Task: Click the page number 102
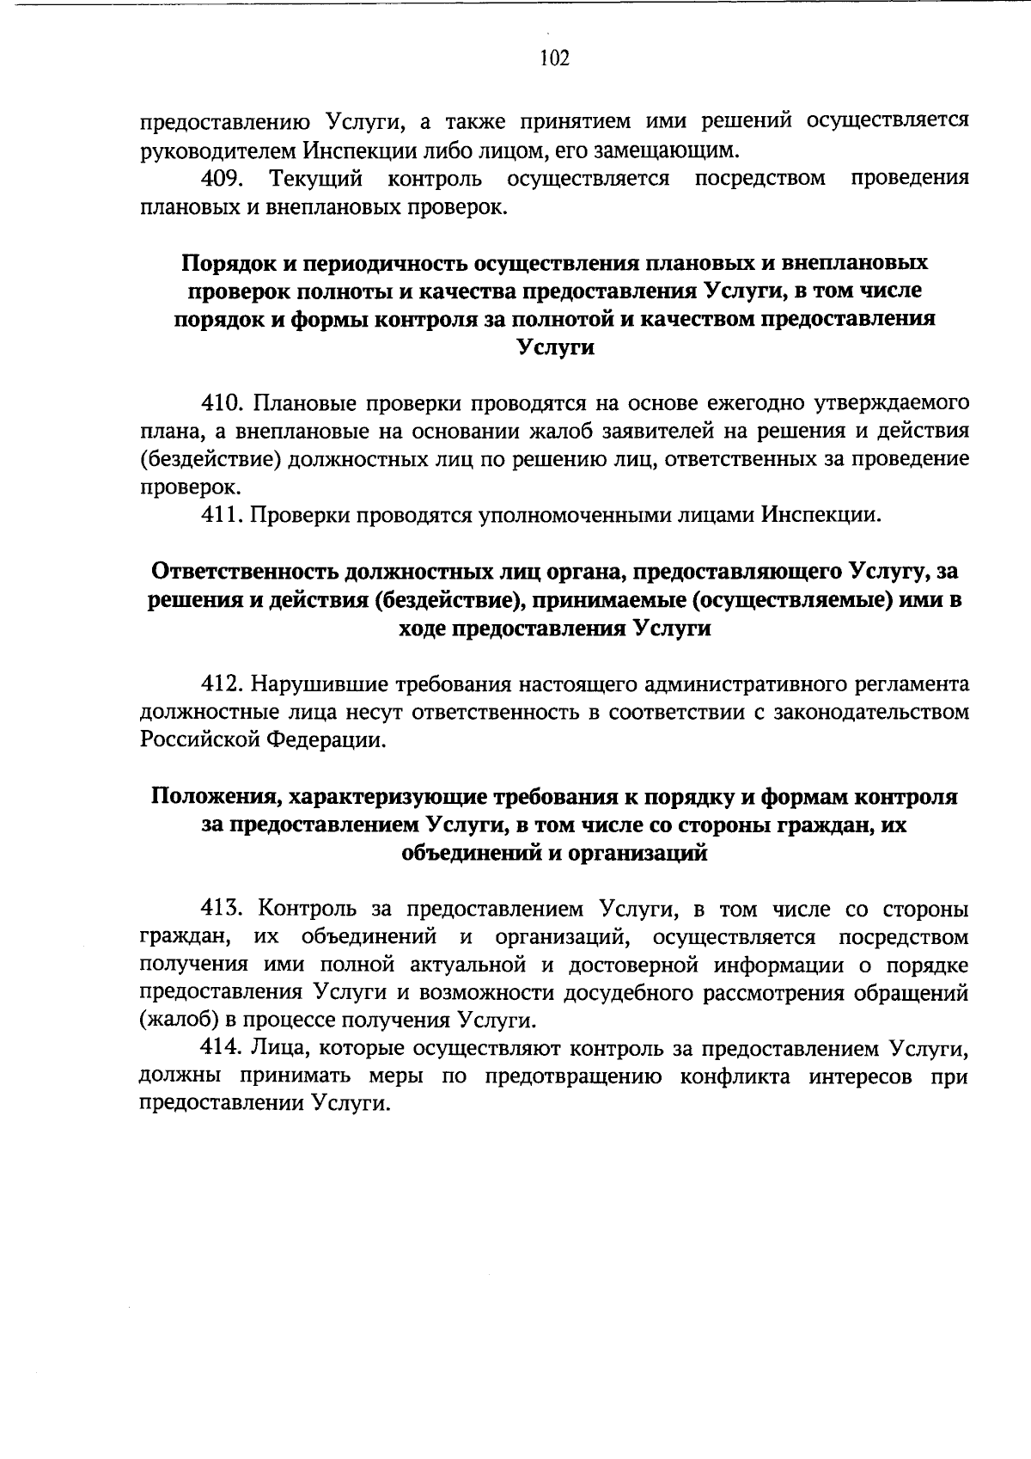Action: (554, 58)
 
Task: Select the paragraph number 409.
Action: (224, 179)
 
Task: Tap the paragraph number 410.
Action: (224, 402)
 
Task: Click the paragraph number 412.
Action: (224, 684)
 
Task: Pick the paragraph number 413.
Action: (224, 909)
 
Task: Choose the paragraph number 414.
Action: (224, 1049)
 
